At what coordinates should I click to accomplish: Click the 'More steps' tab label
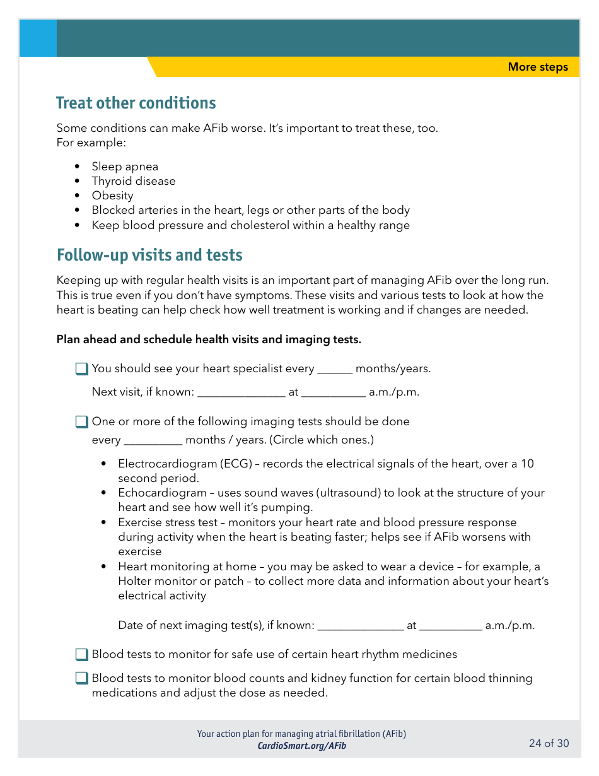tap(537, 67)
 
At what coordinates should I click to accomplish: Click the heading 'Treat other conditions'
tap(136, 103)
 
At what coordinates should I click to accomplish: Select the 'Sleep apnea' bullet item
tap(125, 167)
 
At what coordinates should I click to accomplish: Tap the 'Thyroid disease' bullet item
tap(134, 181)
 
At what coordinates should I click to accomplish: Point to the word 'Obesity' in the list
tap(112, 196)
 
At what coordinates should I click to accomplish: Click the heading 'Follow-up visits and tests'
tap(149, 255)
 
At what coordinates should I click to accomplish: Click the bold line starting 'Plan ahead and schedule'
tap(209, 339)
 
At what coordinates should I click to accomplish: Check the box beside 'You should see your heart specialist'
tap(82, 369)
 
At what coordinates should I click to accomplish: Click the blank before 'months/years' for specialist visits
tap(334, 369)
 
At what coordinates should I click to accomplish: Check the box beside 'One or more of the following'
tap(82, 421)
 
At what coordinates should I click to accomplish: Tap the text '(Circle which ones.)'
tap(323, 440)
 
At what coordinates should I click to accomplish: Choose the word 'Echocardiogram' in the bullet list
tap(162, 493)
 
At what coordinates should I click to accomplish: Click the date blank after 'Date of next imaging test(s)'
tap(360, 626)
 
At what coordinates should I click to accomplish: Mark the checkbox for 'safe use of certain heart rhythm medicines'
tap(82, 655)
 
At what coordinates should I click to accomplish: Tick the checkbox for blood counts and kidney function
tap(82, 679)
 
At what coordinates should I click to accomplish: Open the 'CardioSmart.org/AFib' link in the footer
tap(301, 746)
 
